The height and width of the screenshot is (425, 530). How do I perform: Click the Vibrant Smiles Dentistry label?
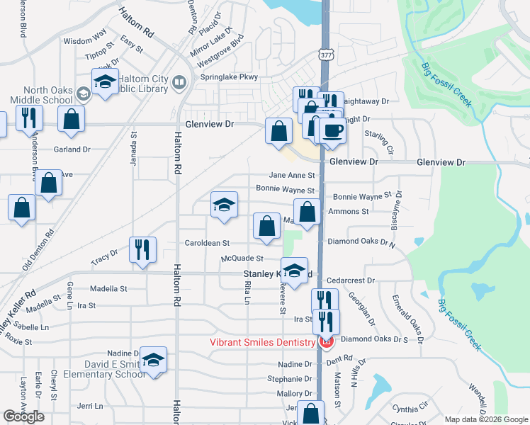(262, 343)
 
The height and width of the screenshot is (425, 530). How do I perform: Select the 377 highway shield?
(325, 54)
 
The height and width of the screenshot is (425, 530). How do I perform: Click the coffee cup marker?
(332, 131)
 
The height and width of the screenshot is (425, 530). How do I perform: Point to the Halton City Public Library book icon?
(179, 84)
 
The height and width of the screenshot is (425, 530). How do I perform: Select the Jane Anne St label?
(291, 175)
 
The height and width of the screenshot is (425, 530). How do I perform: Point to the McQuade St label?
(242, 259)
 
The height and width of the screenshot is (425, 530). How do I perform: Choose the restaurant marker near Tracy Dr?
(142, 249)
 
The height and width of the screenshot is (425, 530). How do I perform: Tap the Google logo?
(23, 416)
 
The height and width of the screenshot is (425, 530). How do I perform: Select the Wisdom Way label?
(84, 41)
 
